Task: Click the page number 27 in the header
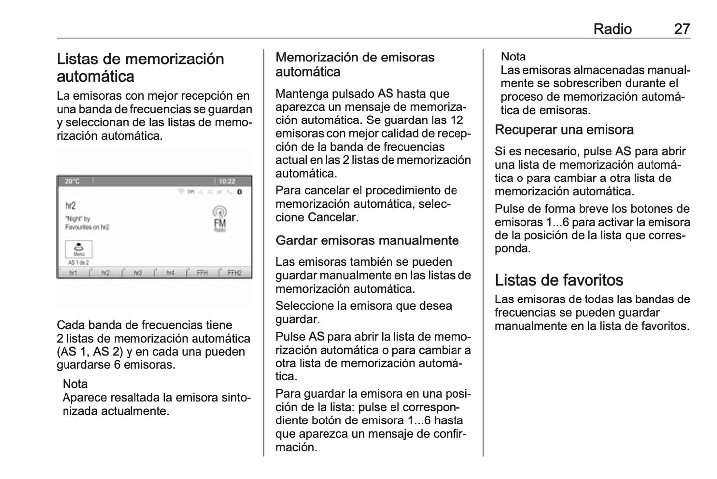pos(682,29)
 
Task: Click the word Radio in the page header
pos(612,29)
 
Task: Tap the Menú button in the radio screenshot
pos(79,249)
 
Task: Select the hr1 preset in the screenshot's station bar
pos(73,273)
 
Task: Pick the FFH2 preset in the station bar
pos(234,273)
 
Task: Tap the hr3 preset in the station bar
pos(137,273)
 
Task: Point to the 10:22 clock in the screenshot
pos(227,181)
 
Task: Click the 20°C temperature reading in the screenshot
pos(72,181)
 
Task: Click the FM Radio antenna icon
pos(219,218)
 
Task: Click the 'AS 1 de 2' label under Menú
pos(79,263)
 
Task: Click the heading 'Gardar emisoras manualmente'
pos(367,240)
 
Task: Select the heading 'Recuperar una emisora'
pos(564,130)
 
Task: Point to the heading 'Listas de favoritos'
pos(559,280)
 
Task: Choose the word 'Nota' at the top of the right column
pos(513,57)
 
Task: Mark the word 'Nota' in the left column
pos(75,384)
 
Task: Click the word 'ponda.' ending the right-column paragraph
pos(513,248)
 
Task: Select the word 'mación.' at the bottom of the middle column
pos(296,447)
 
